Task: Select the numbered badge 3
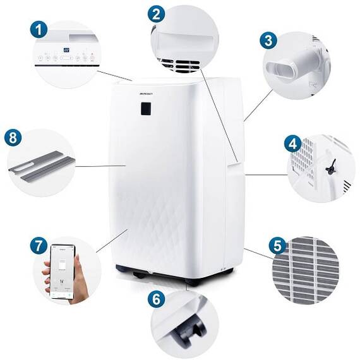(x=270, y=41)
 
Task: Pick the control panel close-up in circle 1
(x=66, y=56)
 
